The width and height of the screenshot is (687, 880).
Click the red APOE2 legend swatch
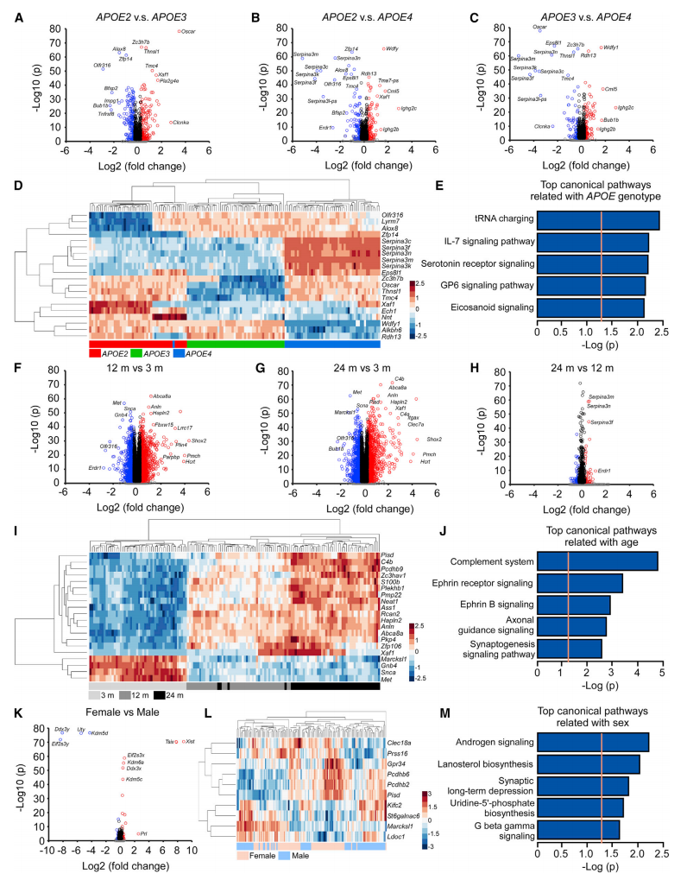95,353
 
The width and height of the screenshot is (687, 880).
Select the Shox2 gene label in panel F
198,440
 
